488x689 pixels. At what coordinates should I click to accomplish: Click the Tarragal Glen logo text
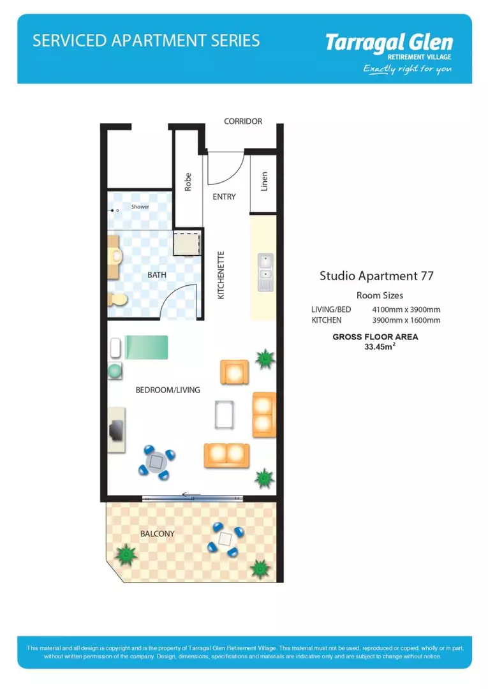[x=388, y=43]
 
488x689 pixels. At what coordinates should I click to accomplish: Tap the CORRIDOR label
[x=243, y=121]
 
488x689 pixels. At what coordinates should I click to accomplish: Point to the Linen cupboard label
[x=264, y=181]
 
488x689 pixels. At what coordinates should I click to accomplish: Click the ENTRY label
[x=224, y=196]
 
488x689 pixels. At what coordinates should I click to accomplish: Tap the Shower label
[x=140, y=207]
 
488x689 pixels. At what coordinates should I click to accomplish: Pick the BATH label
[x=157, y=275]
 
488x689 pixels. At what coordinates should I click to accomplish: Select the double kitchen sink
[x=265, y=269]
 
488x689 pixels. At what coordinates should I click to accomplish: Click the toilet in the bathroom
[x=118, y=299]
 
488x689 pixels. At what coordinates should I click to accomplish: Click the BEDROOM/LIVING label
[x=168, y=390]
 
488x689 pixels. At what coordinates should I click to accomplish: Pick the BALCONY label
[x=157, y=534]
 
